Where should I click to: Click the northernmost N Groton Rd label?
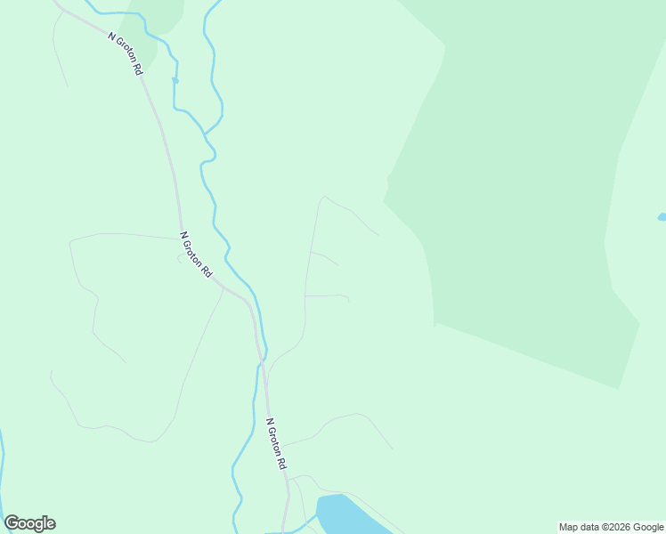coord(126,53)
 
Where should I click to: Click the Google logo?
coord(29,523)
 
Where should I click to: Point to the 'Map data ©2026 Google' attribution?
coord(612,527)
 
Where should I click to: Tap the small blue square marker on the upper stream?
coord(175,81)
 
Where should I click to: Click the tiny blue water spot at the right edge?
coord(662,216)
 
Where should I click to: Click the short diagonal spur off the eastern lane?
coord(325,257)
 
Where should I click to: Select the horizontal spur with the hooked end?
coord(327,295)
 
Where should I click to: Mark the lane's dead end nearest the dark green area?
coord(378,234)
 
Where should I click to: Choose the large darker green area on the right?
coord(525,196)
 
